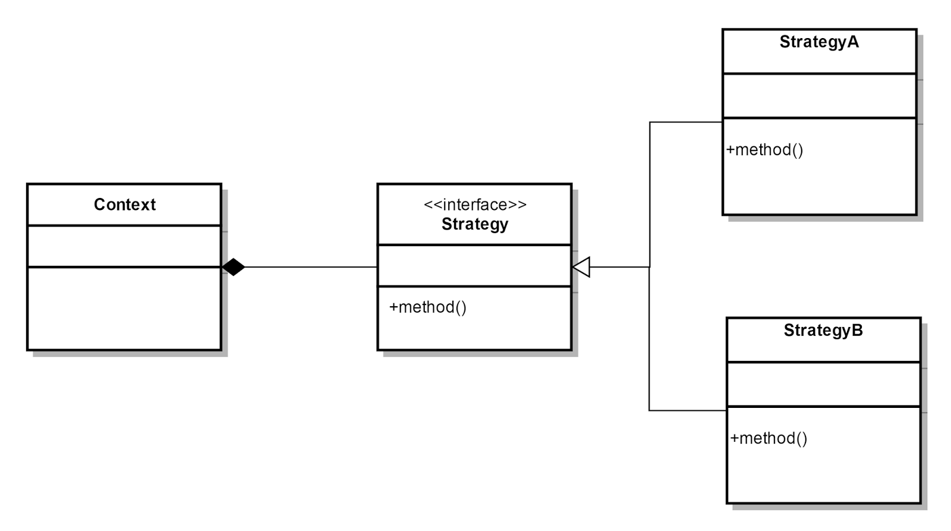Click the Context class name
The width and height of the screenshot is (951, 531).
point(124,205)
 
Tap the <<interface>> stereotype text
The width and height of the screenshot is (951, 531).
point(474,205)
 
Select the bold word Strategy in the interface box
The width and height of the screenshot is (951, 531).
point(474,224)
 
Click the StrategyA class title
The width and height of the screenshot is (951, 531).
point(818,42)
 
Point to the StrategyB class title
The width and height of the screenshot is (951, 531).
point(823,331)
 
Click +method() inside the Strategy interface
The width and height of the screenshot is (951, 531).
point(427,307)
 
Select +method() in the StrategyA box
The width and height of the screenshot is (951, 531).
point(764,150)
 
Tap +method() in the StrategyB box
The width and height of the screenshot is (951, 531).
point(769,438)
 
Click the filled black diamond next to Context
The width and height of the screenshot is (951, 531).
point(234,268)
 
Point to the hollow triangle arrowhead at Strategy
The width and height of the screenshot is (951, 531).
point(582,268)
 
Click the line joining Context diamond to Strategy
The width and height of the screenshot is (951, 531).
point(309,268)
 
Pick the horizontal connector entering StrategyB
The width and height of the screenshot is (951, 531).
point(687,410)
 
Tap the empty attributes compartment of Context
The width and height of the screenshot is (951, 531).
point(124,246)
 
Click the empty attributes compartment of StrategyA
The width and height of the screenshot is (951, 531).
point(818,96)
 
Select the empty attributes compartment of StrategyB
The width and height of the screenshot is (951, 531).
point(823,384)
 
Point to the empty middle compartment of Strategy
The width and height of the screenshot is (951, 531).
point(474,266)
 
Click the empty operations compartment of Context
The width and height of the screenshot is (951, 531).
point(124,308)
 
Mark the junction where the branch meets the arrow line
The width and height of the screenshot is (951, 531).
point(650,268)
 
